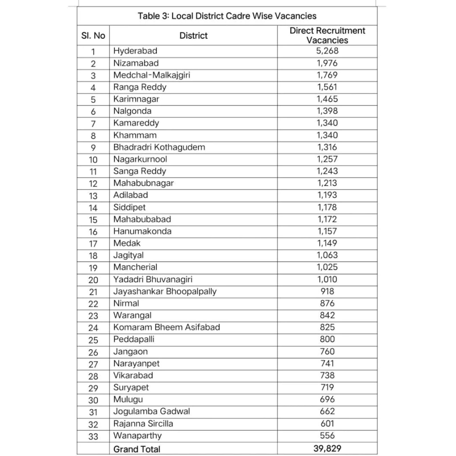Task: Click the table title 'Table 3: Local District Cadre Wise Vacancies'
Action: pyautogui.click(x=227, y=16)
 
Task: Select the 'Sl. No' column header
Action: pyautogui.click(x=93, y=36)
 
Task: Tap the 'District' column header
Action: pyautogui.click(x=193, y=36)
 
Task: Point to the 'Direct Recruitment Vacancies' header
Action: pyautogui.click(x=327, y=35)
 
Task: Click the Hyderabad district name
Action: pyautogui.click(x=135, y=51)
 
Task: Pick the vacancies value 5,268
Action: pyautogui.click(x=327, y=51)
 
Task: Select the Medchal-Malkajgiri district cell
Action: pyautogui.click(x=152, y=75)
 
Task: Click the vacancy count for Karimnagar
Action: pyautogui.click(x=327, y=99)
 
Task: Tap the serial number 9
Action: pyautogui.click(x=93, y=148)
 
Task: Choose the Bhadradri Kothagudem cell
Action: pyautogui.click(x=159, y=147)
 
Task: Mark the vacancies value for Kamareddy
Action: pyautogui.click(x=327, y=123)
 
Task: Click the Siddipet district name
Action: pyautogui.click(x=129, y=207)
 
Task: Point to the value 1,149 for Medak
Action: pyautogui.click(x=327, y=243)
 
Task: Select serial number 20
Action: pyautogui.click(x=93, y=280)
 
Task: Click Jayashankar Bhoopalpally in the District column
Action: pyautogui.click(x=165, y=292)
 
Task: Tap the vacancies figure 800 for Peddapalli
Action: pyautogui.click(x=327, y=339)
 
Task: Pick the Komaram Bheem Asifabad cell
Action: pyautogui.click(x=166, y=327)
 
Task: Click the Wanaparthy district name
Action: pyautogui.click(x=137, y=436)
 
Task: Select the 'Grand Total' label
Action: pyautogui.click(x=137, y=449)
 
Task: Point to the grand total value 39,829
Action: pyautogui.click(x=327, y=449)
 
